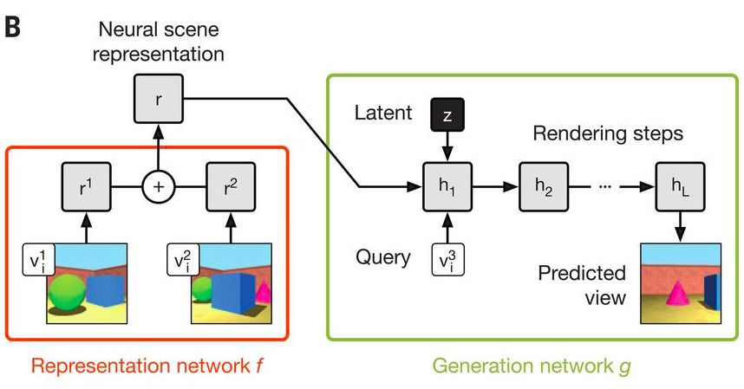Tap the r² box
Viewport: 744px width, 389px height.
(x=230, y=185)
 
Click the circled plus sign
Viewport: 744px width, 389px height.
(x=157, y=185)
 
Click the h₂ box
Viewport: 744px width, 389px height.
(x=542, y=185)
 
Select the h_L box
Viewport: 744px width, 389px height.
(x=679, y=185)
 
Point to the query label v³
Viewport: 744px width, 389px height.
(x=447, y=257)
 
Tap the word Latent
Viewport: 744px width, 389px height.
(x=382, y=113)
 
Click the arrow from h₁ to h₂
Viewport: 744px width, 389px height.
(x=494, y=185)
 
